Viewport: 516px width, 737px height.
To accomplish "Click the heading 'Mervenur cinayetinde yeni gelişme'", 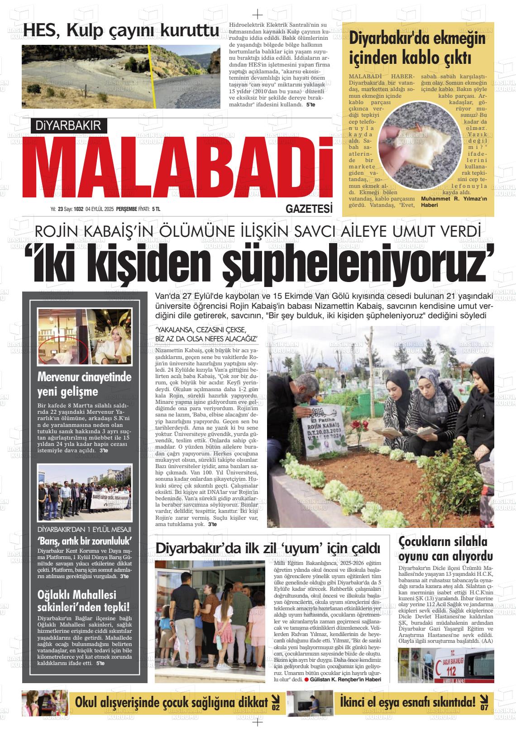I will pyautogui.click(x=84, y=384).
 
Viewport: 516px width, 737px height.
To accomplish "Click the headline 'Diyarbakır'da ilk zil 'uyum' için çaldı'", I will pyautogui.click(x=268, y=547).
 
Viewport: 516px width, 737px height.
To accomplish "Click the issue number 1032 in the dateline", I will pyautogui.click(x=79, y=209).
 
